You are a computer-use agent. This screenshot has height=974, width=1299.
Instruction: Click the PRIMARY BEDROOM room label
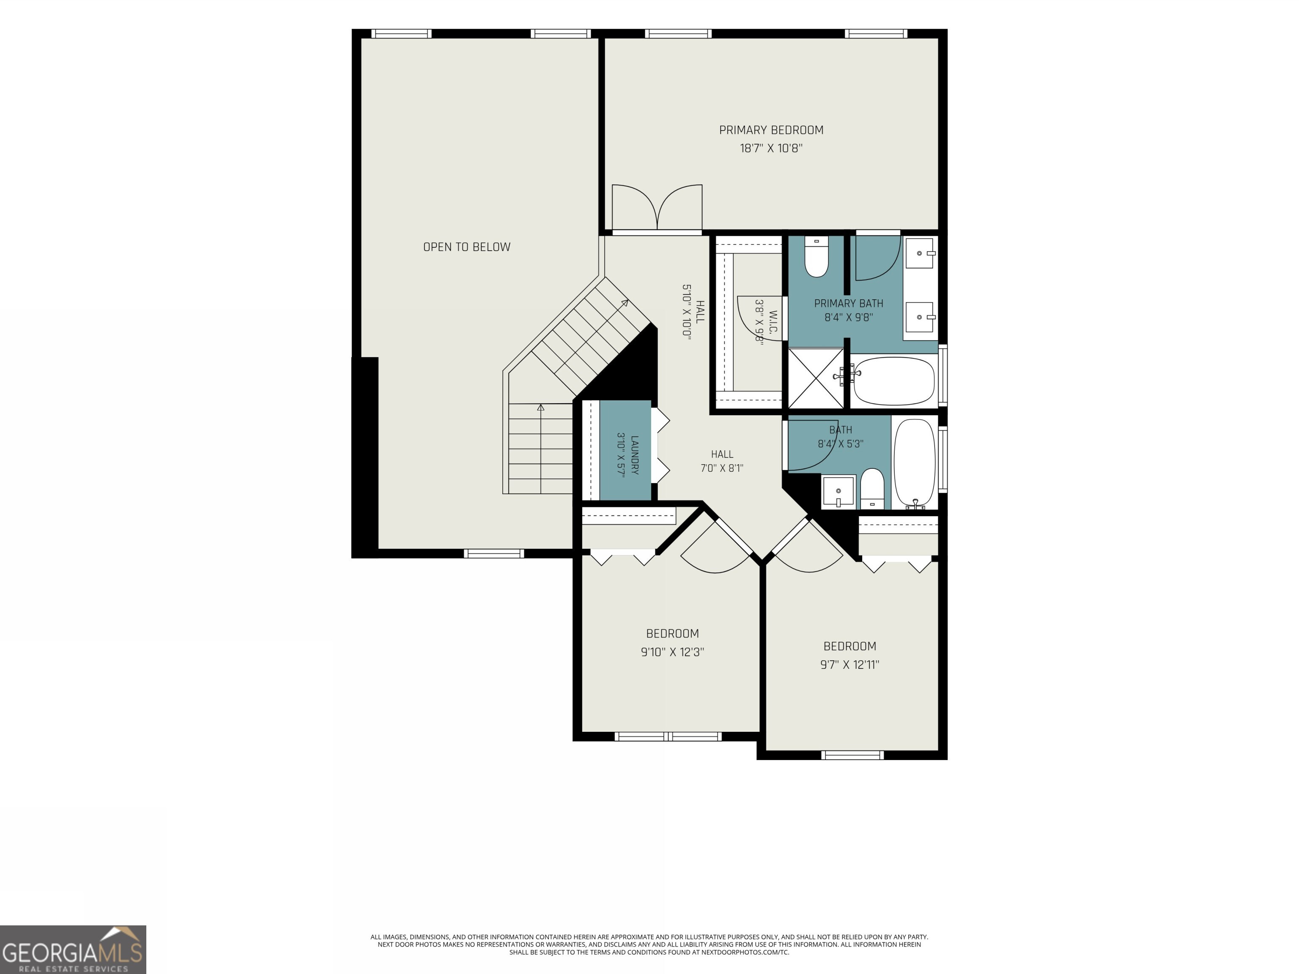pos(771,130)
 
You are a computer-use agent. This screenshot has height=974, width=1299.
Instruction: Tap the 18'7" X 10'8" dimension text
pos(771,148)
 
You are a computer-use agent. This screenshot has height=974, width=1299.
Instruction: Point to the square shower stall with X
pos(816,378)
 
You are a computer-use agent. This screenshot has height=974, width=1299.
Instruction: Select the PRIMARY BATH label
pos(849,304)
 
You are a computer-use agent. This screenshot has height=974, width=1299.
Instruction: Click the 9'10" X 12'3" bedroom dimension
pos(672,652)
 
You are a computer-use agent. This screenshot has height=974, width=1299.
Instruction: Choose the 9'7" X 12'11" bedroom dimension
pos(850,665)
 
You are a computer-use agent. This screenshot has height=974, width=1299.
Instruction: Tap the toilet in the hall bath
pos(872,488)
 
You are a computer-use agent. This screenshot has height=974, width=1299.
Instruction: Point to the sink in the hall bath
pos(838,491)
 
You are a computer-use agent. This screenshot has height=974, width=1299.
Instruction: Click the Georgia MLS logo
pos(73,949)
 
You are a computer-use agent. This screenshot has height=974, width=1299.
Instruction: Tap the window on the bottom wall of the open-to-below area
pos(493,553)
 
